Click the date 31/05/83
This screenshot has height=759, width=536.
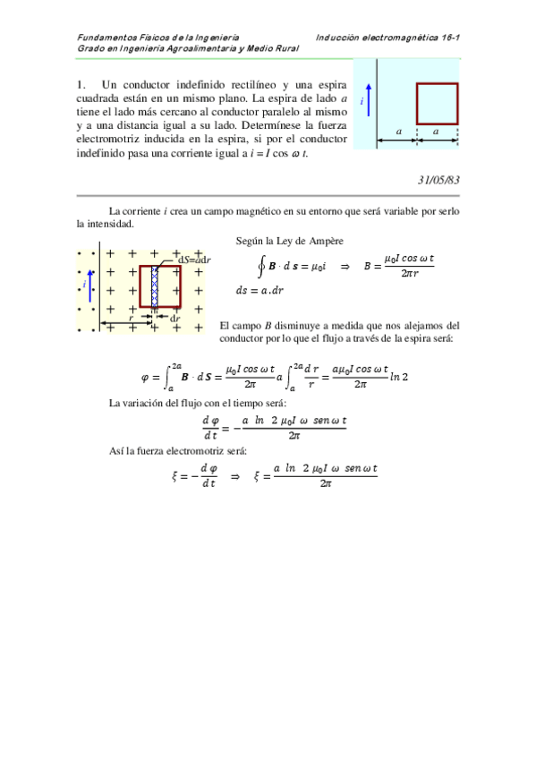click(438, 180)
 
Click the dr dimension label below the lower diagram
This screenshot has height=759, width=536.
click(175, 318)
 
